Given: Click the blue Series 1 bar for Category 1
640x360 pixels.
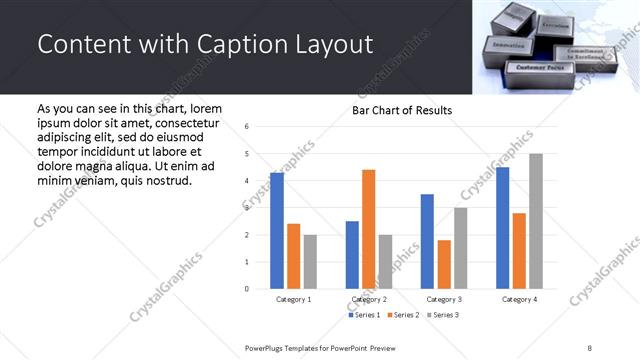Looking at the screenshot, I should tap(277, 231).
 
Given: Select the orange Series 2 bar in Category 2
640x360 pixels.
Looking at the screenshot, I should tap(368, 229).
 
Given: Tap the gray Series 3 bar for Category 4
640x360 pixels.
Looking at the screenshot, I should tap(536, 221).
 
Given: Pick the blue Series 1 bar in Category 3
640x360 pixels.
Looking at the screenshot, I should tap(427, 241).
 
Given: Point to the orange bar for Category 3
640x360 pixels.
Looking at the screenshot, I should tap(444, 264).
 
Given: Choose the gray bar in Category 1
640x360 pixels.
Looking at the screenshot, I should tap(310, 261).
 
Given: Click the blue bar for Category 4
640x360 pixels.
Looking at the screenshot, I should tap(503, 228).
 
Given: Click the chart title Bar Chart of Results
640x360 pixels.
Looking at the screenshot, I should tap(402, 110).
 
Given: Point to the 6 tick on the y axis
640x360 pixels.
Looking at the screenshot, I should tap(247, 127).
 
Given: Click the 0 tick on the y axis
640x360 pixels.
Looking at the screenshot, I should tap(247, 289).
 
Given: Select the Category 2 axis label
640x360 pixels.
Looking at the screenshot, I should tap(368, 299).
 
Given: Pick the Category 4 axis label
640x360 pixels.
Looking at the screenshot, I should tap(519, 299).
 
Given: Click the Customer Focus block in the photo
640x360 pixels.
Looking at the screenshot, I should tap(540, 68).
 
